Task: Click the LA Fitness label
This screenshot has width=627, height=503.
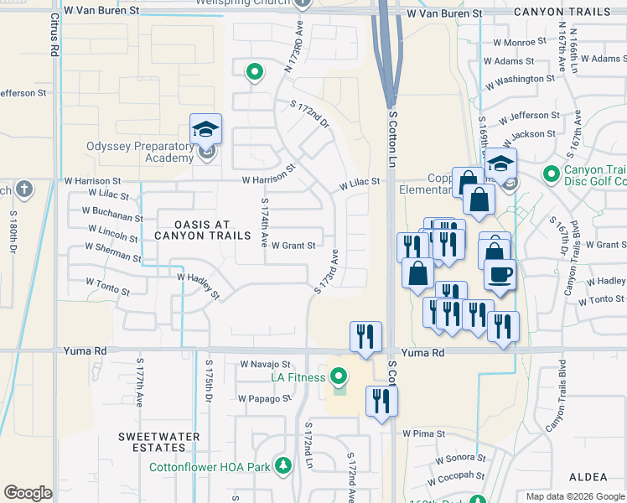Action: pyautogui.click(x=298, y=377)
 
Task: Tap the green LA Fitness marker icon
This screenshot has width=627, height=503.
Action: pyautogui.click(x=339, y=376)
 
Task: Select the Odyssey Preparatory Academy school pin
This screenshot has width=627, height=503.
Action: pyautogui.click(x=205, y=129)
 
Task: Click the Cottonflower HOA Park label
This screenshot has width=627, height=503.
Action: pyautogui.click(x=214, y=467)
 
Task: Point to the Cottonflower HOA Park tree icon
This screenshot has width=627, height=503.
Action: pyautogui.click(x=284, y=466)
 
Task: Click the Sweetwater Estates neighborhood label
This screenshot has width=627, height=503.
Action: pyautogui.click(x=158, y=442)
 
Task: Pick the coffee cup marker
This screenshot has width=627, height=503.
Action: pyautogui.click(x=500, y=274)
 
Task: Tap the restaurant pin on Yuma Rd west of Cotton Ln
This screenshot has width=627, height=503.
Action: pyautogui.click(x=365, y=336)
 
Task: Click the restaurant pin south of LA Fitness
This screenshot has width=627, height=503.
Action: pyautogui.click(x=382, y=400)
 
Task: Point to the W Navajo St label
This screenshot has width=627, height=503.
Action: pyautogui.click(x=265, y=365)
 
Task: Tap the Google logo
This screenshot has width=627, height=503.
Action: pyautogui.click(x=28, y=493)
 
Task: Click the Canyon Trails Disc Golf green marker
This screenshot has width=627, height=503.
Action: pyautogui.click(x=551, y=174)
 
